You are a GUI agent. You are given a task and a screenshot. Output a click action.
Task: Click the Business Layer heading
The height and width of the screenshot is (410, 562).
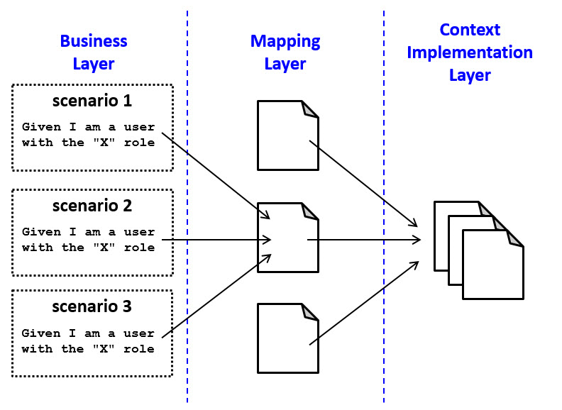coord(93,52)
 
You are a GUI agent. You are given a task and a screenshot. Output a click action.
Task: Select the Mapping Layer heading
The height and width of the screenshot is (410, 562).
coord(285,52)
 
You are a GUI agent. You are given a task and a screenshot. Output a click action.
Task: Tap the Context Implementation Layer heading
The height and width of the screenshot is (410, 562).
coord(470,52)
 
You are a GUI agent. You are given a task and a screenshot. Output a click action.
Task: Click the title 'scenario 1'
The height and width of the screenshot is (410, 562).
coord(92,100)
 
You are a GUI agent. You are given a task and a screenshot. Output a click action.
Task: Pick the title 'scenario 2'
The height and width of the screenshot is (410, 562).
coord(92,206)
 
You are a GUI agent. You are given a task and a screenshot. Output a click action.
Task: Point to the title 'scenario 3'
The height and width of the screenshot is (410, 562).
coord(92,307)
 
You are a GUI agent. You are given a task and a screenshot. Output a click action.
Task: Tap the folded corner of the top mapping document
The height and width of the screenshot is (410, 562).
coord(311,109)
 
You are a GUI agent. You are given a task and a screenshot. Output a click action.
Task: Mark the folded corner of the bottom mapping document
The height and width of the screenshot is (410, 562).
coord(311,311)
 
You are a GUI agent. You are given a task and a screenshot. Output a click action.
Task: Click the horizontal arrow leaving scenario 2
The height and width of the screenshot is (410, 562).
coord(213,240)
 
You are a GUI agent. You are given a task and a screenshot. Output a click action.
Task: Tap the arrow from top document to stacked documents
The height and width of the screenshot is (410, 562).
coord(362,182)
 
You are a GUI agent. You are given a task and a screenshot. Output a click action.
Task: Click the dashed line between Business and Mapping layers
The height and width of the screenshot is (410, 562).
coord(187,213)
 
